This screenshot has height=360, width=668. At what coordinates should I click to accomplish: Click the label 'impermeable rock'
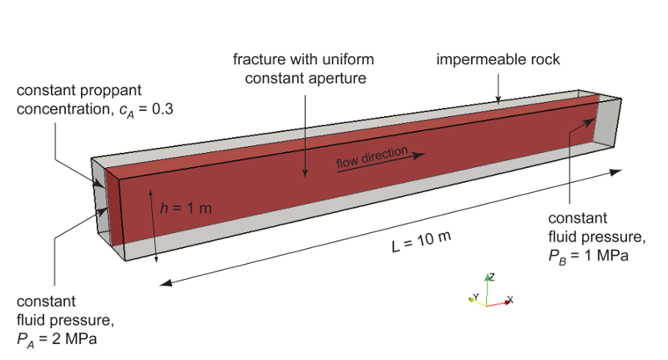pyautogui.click(x=498, y=59)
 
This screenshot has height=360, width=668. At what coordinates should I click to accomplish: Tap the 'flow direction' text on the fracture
pyautogui.click(x=372, y=157)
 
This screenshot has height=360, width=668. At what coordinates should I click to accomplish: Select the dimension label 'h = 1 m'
pyautogui.click(x=185, y=208)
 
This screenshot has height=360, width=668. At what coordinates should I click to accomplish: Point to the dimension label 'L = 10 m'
pyautogui.click(x=421, y=241)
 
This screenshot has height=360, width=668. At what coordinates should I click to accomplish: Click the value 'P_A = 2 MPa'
pyautogui.click(x=57, y=340)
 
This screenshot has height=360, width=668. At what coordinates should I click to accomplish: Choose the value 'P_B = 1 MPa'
pyautogui.click(x=588, y=256)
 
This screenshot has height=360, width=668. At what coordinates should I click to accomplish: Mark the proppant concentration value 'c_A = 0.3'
pyautogui.click(x=146, y=110)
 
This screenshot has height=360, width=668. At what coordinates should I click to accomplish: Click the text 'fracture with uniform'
pyautogui.click(x=303, y=59)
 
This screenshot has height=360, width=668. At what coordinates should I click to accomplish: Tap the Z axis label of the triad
pyautogui.click(x=492, y=277)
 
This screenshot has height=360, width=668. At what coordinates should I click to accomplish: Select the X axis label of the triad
pyautogui.click(x=510, y=300)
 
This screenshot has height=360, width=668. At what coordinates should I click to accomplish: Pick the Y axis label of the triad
pyautogui.click(x=476, y=297)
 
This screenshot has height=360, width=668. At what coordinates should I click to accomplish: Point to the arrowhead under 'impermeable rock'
pyautogui.click(x=498, y=99)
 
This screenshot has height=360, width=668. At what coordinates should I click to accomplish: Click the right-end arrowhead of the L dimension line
pyautogui.click(x=616, y=172)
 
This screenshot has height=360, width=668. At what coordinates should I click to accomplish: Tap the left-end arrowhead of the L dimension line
pyautogui.click(x=165, y=283)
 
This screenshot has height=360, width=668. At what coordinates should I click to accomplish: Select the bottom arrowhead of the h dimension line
pyautogui.click(x=156, y=258)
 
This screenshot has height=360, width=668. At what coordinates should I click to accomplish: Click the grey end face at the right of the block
pyautogui.click(x=608, y=123)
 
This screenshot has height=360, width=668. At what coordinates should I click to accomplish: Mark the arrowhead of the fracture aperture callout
pyautogui.click(x=305, y=173)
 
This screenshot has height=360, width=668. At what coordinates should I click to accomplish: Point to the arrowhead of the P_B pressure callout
pyautogui.click(x=588, y=123)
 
